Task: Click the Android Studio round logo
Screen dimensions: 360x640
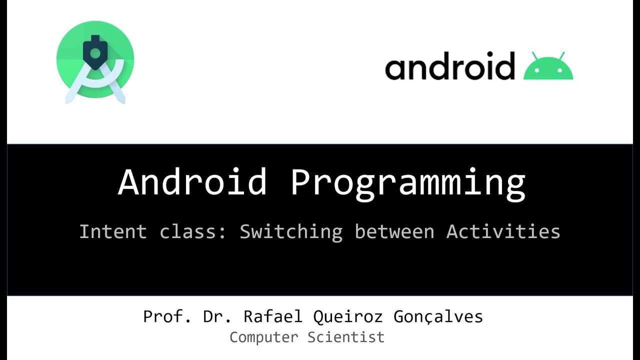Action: pyautogui.click(x=95, y=60)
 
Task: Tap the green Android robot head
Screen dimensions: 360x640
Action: pyautogui.click(x=548, y=69)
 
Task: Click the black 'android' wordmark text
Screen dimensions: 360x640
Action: pyautogui.click(x=449, y=66)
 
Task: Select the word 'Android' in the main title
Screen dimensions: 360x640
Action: pyautogui.click(x=192, y=182)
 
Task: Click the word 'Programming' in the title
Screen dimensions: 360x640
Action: pyautogui.click(x=407, y=183)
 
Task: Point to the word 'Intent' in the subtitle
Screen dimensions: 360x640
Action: pyautogui.click(x=113, y=231)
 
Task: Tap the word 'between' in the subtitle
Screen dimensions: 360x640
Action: pyautogui.click(x=394, y=231)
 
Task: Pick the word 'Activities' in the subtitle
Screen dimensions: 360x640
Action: pyautogui.click(x=503, y=231)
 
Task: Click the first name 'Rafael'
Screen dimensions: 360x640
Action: pyautogui.click(x=273, y=316)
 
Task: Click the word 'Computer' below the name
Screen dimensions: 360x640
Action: pyautogui.click(x=263, y=337)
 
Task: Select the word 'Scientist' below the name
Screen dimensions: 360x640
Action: pyautogui.click(x=346, y=337)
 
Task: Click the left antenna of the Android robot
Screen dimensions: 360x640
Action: pyautogui.click(x=534, y=54)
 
